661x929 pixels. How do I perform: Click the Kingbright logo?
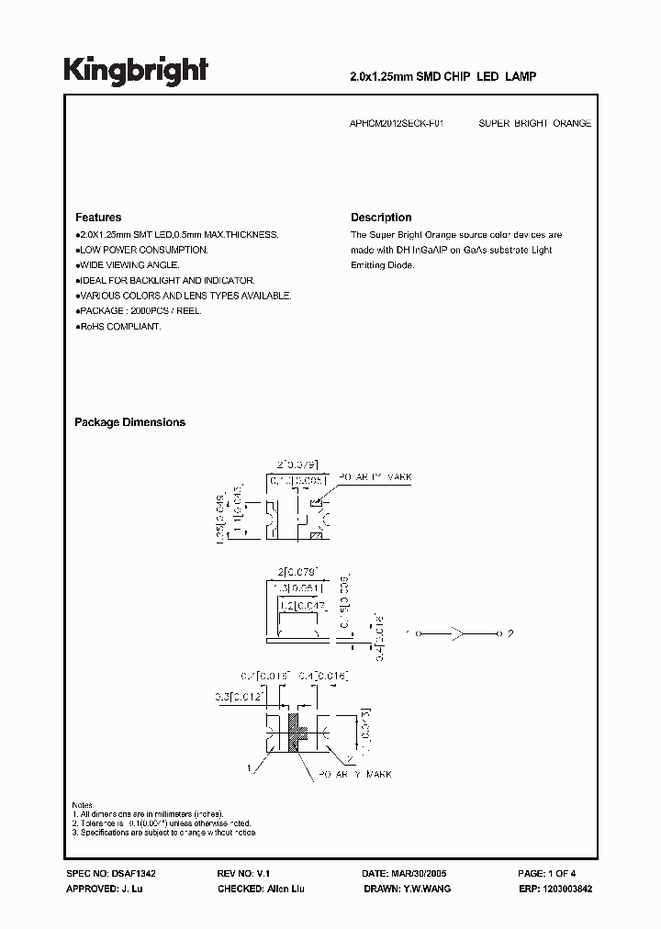tap(136, 72)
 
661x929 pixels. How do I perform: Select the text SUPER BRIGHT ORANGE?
tap(535, 123)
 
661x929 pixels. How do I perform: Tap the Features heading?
tap(98, 218)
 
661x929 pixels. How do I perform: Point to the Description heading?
tap(381, 218)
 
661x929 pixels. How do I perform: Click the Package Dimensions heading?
tap(129, 422)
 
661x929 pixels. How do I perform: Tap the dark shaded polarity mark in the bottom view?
tap(296, 733)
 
